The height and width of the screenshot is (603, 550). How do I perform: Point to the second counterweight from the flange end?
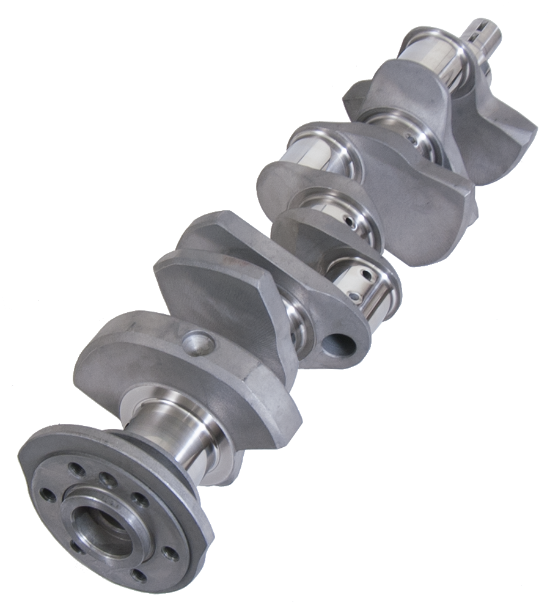tap(214, 287)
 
